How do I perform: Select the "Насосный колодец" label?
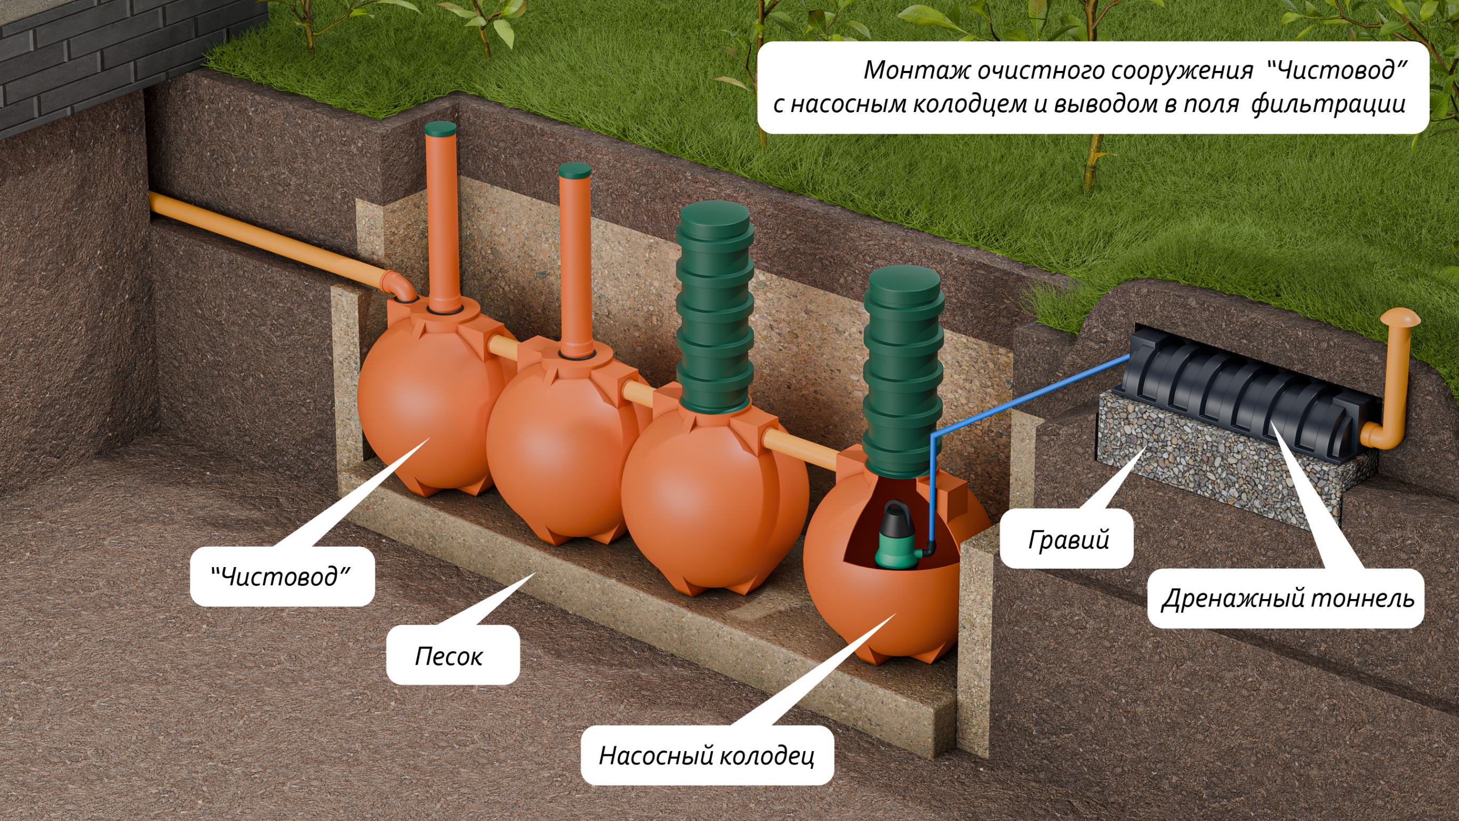click(707, 755)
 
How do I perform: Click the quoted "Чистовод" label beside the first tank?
click(282, 577)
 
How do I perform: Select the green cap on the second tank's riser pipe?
click(574, 170)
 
